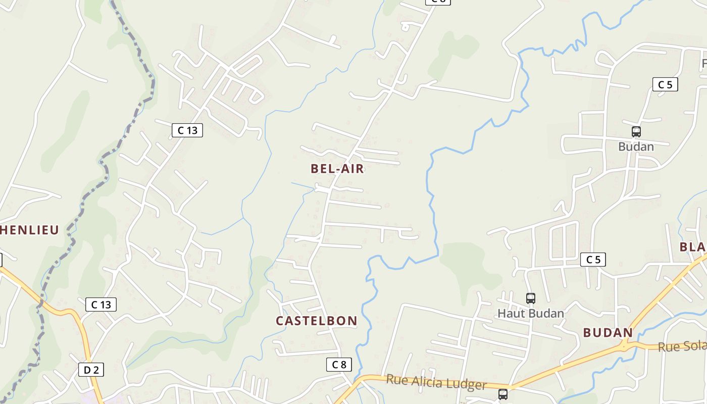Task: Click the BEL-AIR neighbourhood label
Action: pyautogui.click(x=337, y=169)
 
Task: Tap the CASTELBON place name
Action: pyautogui.click(x=317, y=321)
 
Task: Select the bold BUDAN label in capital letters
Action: pyautogui.click(x=608, y=333)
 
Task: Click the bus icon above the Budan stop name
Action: pyautogui.click(x=636, y=132)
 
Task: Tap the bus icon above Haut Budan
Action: pyautogui.click(x=530, y=298)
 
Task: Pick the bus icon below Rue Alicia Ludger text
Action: pyautogui.click(x=503, y=394)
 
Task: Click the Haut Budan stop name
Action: pyautogui.click(x=531, y=314)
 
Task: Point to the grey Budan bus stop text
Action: pyautogui.click(x=636, y=147)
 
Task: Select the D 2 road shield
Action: pyautogui.click(x=91, y=370)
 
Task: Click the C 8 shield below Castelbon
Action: pyautogui.click(x=339, y=364)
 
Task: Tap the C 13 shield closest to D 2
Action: pyautogui.click(x=101, y=305)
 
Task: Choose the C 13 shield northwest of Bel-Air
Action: pyautogui.click(x=187, y=130)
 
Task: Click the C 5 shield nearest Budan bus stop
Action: pyautogui.click(x=665, y=84)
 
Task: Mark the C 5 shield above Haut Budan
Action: pyautogui.click(x=593, y=260)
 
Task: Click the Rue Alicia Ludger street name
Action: pyautogui.click(x=436, y=382)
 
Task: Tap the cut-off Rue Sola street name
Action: pyautogui.click(x=682, y=347)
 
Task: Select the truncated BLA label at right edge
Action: pyautogui.click(x=693, y=247)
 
